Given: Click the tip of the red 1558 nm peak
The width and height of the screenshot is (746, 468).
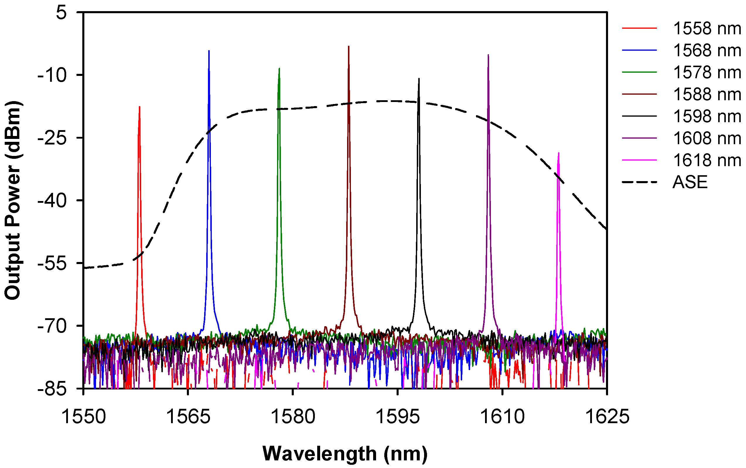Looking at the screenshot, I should [x=139, y=107].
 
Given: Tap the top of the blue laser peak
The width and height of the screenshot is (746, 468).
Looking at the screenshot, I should [x=209, y=51].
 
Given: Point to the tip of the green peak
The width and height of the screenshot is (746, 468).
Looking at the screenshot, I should [x=279, y=69].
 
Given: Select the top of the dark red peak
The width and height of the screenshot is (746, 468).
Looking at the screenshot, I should [x=349, y=47].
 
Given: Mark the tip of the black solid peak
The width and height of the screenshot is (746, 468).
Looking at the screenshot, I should [x=419, y=79].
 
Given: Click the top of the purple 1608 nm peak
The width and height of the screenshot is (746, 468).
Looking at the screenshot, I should [x=488, y=55].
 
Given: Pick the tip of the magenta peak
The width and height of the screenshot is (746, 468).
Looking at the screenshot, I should [x=558, y=153].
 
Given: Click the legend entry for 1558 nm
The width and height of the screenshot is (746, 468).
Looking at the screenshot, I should [x=707, y=28].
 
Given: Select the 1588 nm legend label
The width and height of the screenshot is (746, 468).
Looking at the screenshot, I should [x=707, y=94].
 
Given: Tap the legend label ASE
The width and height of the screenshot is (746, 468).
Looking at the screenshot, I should [x=690, y=182].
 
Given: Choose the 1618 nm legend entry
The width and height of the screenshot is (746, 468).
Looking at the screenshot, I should [x=707, y=160].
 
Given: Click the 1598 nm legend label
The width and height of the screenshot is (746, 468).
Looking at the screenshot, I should [x=707, y=116].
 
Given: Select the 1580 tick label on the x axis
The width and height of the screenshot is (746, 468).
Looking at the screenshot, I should [x=293, y=417].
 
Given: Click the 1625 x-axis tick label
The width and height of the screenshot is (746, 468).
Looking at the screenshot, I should [x=607, y=417].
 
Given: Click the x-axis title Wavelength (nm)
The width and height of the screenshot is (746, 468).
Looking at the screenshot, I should [x=345, y=454].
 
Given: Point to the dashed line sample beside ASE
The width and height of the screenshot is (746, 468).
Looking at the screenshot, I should [x=639, y=182].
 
